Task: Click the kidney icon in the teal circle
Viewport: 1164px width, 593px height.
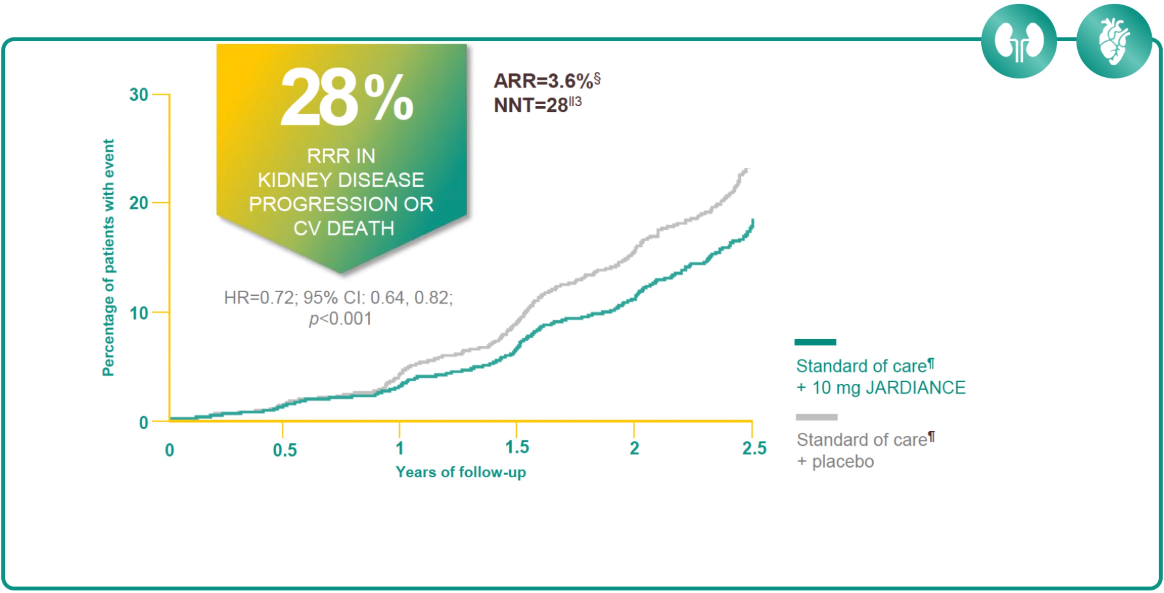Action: point(1019,42)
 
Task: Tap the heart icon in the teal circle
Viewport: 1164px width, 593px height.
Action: point(1114,42)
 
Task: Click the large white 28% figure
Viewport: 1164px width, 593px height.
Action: point(346,98)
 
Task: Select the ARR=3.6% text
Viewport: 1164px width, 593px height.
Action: point(546,81)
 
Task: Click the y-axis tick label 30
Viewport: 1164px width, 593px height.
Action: point(138,95)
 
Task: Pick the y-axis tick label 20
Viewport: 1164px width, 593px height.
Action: point(138,203)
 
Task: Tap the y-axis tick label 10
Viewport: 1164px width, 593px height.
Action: point(138,313)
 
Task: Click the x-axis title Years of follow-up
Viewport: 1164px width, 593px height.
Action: point(461,472)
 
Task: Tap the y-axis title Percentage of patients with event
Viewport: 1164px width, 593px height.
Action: point(108,257)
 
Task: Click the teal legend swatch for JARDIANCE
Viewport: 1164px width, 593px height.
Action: point(815,342)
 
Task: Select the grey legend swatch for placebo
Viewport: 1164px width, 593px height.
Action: point(816,417)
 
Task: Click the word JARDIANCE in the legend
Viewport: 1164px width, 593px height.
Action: point(915,387)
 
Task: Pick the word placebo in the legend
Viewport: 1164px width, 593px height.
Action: point(843,462)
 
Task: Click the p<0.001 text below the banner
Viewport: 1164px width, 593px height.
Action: point(340,319)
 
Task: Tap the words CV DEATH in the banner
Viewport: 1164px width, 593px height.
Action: point(343,228)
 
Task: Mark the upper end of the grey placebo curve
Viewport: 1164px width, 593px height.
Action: point(747,170)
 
